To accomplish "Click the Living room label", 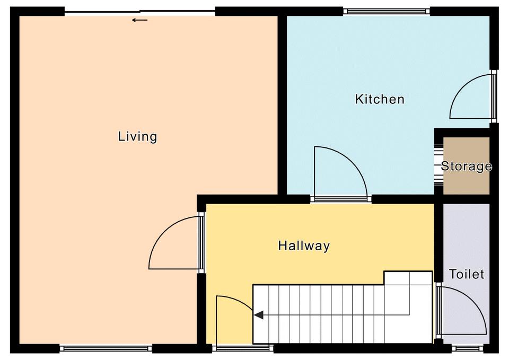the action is pos(137,137).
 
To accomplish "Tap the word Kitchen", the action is pos(380,99).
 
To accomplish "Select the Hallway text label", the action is pos(304,245).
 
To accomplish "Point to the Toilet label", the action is pos(467,274).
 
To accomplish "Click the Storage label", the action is pos(467,166).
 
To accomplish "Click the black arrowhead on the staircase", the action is pos(259,315).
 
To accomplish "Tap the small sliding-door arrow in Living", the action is pos(140,20).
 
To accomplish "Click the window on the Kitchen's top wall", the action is pos(387,11).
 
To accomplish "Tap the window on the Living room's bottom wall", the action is pos(106,349).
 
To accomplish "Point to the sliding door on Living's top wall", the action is pos(140,12).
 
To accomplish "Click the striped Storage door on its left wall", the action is pos(438,165).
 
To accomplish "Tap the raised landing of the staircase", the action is pos(408,278).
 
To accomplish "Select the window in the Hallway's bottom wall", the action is pos(243,348).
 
